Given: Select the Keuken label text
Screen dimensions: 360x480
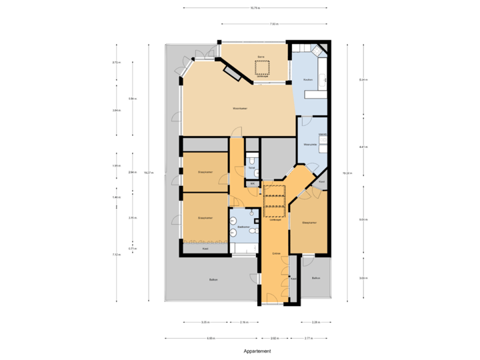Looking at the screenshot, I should [x=307, y=79].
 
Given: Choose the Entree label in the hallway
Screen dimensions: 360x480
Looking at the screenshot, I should [x=275, y=254].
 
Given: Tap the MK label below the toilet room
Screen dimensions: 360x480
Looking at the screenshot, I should [x=251, y=182].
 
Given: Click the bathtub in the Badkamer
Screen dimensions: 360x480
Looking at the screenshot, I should [x=243, y=249].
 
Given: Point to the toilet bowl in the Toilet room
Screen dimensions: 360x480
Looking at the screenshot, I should [x=253, y=160].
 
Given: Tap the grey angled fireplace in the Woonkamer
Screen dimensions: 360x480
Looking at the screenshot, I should [x=234, y=71].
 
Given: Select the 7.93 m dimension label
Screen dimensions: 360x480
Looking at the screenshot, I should [x=273, y=25].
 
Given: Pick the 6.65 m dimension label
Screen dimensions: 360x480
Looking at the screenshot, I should [x=211, y=338].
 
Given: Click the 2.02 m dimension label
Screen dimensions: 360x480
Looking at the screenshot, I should [x=274, y=338].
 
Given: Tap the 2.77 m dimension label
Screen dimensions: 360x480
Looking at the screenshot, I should [x=309, y=338].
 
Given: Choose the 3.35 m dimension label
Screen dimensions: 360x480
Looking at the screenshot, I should [x=205, y=322].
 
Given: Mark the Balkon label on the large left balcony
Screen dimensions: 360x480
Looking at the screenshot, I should [x=212, y=279].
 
